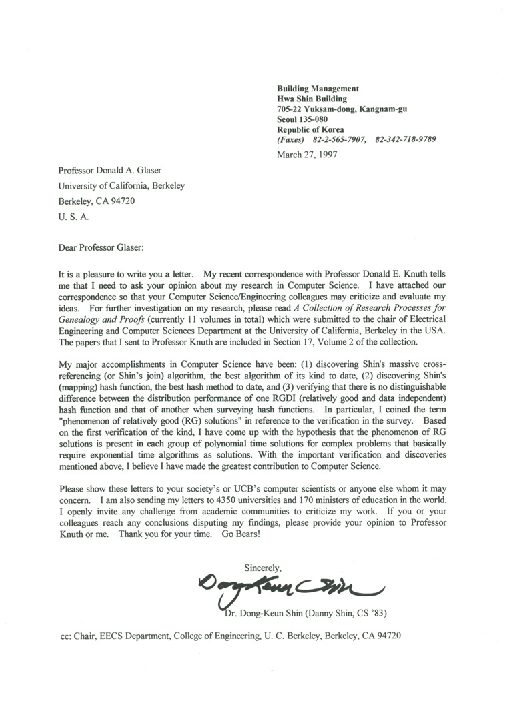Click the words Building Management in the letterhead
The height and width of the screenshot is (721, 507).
coord(318,89)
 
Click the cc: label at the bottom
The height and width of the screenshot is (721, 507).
coord(67,636)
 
